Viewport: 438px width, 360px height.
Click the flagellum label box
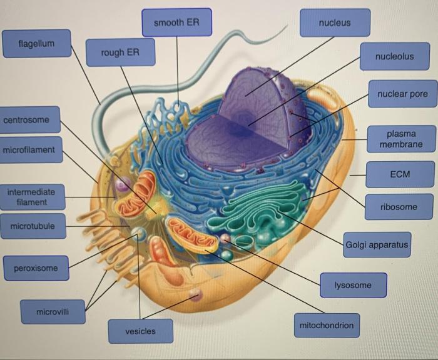coord(36,44)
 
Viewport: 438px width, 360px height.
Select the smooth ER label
coord(177,23)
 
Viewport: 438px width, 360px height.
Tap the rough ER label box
coord(120,52)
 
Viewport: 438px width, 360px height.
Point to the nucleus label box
coord(335,23)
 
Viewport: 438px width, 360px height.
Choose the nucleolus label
coord(394,57)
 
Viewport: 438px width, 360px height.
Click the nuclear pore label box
coord(402,94)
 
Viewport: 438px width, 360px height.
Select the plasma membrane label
coord(401,139)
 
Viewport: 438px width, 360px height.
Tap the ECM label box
coord(399,174)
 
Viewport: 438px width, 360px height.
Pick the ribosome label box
coord(399,206)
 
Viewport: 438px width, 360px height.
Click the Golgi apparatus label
coord(377,244)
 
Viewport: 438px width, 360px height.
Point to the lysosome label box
coord(353,285)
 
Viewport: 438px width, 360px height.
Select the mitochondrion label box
coord(327,325)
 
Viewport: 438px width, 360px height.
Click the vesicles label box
coord(140,331)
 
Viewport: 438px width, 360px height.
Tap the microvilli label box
coord(53,311)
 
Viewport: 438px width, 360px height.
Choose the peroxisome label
coord(36,268)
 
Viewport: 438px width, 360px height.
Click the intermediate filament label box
coord(31,197)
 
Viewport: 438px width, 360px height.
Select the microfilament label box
coord(29,150)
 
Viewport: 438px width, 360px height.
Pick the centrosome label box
coord(30,119)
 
